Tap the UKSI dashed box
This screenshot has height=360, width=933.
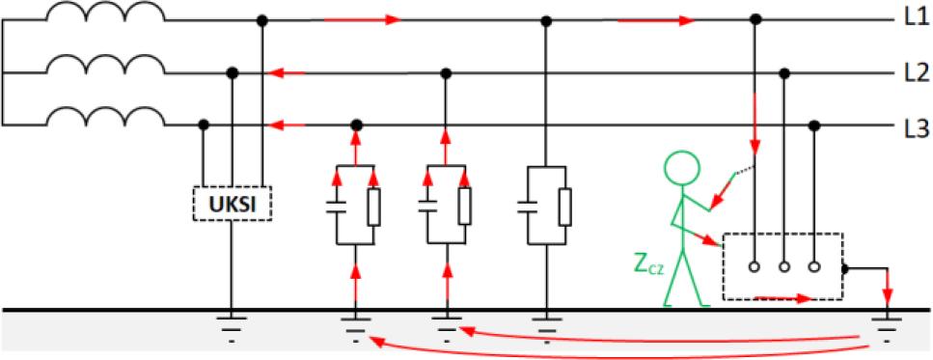(x=232, y=204)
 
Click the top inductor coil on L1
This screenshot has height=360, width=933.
(x=105, y=12)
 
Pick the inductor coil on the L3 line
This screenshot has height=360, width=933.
(x=105, y=116)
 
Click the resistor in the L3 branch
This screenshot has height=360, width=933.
(x=373, y=208)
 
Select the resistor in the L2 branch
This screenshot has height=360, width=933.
(x=464, y=208)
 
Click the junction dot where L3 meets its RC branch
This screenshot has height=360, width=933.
(x=356, y=125)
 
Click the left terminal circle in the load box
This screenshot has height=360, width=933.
(x=755, y=267)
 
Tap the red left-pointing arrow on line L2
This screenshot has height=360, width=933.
(x=287, y=73)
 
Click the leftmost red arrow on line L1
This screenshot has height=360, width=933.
(x=361, y=19)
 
